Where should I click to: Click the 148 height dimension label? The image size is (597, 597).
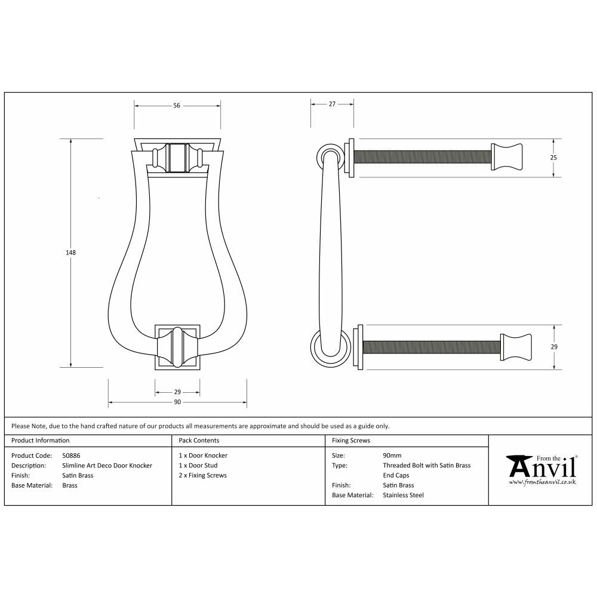click(71, 253)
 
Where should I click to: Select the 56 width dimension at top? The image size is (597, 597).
click(177, 106)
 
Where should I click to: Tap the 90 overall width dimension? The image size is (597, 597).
click(177, 402)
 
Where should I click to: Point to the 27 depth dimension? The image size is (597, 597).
click(332, 104)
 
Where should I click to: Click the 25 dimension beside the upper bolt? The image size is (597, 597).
click(553, 158)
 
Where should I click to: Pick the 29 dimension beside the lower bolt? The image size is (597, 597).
click(553, 347)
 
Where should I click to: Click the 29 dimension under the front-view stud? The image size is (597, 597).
click(177, 392)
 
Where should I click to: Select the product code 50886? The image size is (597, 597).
click(72, 456)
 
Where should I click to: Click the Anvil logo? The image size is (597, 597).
click(541, 468)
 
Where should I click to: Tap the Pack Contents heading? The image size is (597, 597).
click(199, 441)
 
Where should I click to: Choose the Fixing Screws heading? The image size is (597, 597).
click(351, 441)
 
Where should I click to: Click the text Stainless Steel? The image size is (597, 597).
click(403, 496)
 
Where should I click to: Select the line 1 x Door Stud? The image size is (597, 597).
click(198, 466)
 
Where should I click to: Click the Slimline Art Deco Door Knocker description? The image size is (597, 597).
click(107, 466)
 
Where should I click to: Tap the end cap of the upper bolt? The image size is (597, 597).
click(507, 157)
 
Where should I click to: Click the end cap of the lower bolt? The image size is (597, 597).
click(515, 347)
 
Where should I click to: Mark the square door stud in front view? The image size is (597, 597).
click(177, 347)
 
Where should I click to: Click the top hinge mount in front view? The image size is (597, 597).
click(177, 158)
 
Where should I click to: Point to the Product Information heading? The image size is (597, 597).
click(41, 441)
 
